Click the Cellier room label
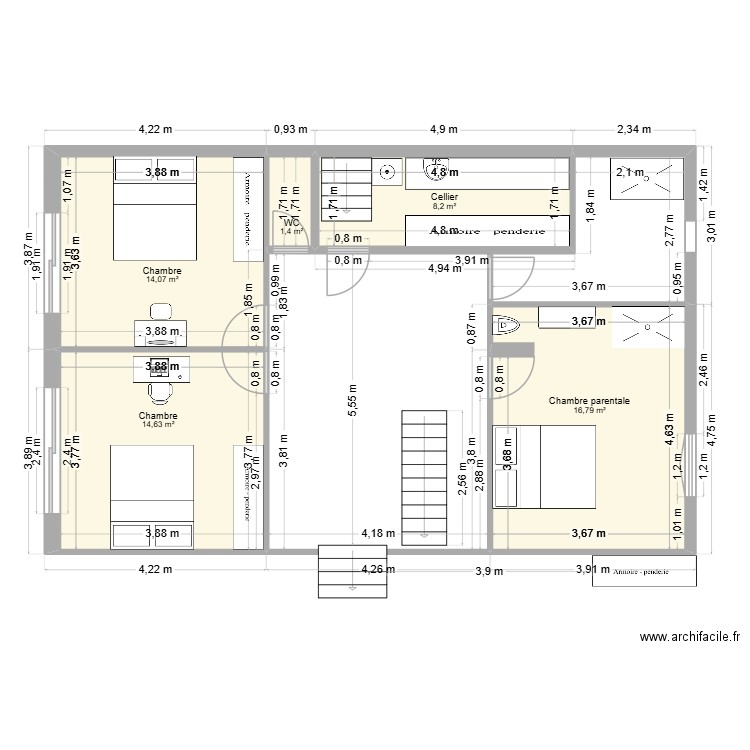click(x=445, y=198)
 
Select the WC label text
click(x=291, y=222)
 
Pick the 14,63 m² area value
click(x=158, y=425)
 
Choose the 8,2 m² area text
click(x=445, y=208)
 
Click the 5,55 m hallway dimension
click(x=351, y=394)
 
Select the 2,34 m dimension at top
click(x=633, y=129)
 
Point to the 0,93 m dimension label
click(x=290, y=129)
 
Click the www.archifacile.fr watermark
click(x=689, y=636)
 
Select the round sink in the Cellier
click(x=390, y=172)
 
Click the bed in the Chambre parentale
click(x=544, y=467)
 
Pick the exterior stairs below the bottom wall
click(x=344, y=570)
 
